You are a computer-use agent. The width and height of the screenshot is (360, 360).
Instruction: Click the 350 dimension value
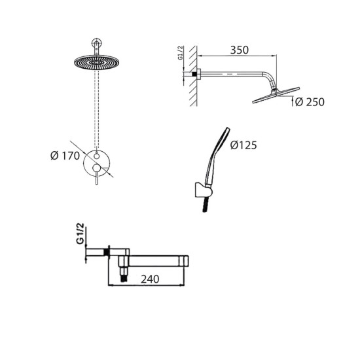pos(239,50)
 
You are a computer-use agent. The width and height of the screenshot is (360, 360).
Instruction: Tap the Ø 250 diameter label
pos(310,102)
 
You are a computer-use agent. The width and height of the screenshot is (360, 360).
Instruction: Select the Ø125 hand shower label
pos(243,145)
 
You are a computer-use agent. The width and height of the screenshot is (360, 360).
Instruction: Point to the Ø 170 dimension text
pos(65,156)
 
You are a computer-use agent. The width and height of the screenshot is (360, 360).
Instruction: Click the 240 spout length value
pos(150,279)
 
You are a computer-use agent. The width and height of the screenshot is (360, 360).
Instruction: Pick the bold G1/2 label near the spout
pos(81,234)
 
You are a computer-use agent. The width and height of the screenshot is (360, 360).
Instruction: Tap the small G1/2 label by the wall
pos(181,53)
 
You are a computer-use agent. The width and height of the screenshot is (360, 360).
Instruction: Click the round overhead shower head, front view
pos(97,62)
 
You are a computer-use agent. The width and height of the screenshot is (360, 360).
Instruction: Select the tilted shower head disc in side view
pos(276,95)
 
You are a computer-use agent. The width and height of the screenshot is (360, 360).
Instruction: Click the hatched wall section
pos(193,76)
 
